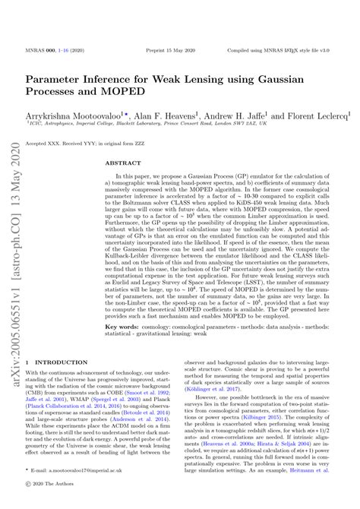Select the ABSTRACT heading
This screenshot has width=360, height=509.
(121, 163)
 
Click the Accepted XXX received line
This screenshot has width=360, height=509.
(84, 143)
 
